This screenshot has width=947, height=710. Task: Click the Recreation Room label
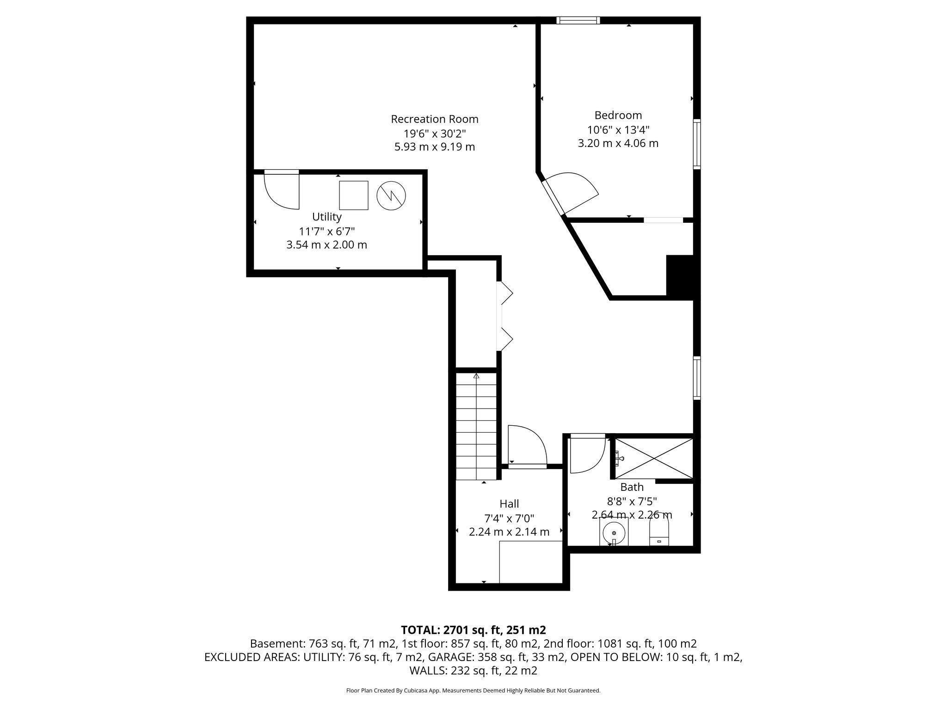point(434,119)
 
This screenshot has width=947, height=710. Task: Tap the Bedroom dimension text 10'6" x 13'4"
point(618,129)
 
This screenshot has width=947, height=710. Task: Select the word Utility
point(326,217)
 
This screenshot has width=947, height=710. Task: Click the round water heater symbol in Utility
point(391,196)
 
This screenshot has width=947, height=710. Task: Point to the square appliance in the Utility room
point(354,196)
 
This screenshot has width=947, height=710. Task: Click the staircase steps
point(476,428)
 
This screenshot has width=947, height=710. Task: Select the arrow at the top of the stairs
point(476,376)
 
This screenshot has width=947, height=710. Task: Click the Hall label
point(509,504)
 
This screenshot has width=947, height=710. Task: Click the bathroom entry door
point(586,454)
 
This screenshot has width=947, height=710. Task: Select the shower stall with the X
point(654,459)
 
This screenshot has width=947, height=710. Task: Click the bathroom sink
point(614,532)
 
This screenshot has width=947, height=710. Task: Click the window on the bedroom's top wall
point(578,20)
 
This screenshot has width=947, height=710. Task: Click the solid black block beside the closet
point(680,275)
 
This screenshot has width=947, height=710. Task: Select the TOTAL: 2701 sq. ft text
point(473,630)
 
